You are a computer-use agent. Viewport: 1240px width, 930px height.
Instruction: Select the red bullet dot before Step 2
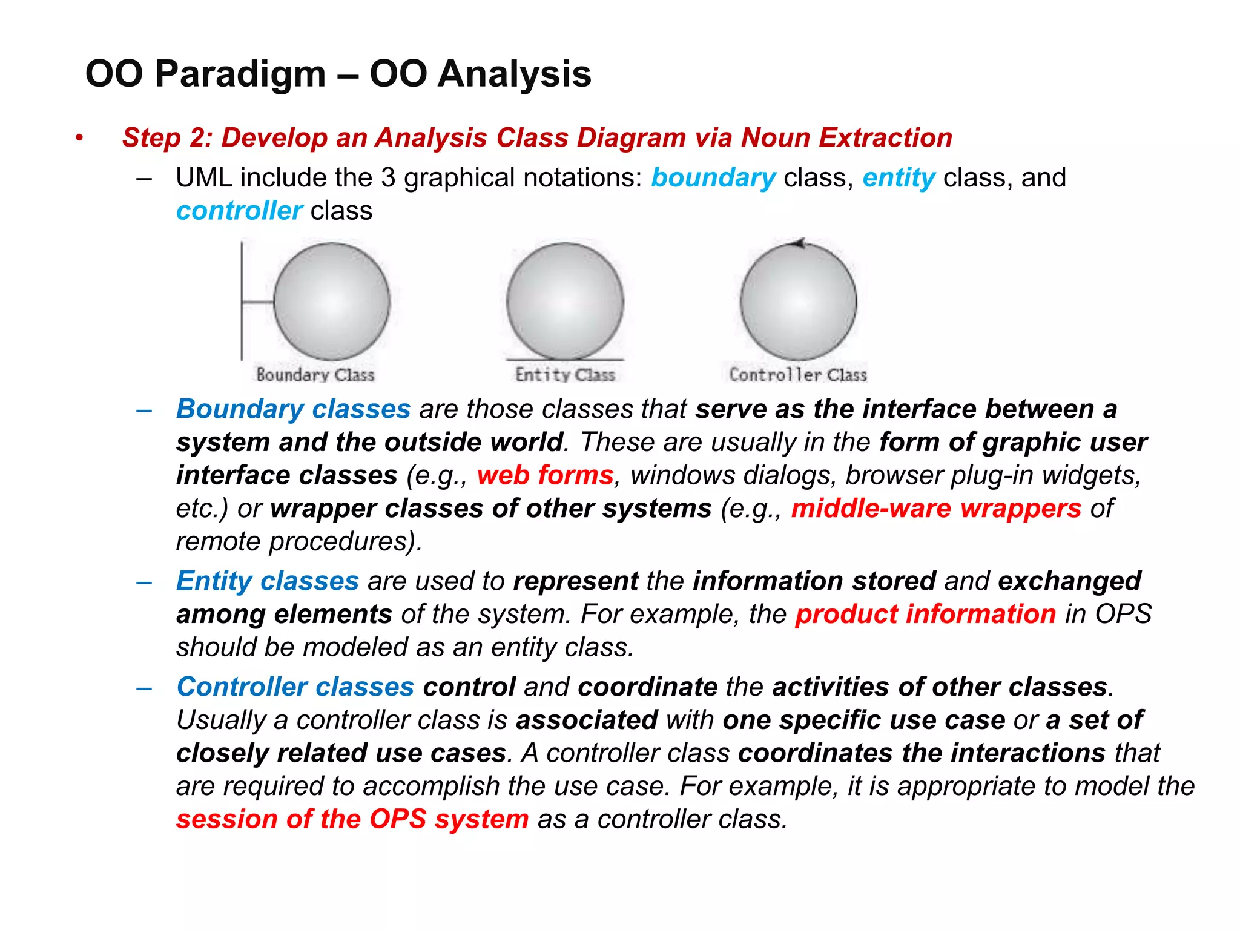(x=79, y=138)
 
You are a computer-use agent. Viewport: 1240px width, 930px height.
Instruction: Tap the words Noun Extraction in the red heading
(x=846, y=138)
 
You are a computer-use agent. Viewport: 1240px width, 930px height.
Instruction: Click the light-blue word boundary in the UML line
(x=713, y=178)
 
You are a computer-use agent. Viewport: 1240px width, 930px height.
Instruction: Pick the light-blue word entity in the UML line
(x=899, y=178)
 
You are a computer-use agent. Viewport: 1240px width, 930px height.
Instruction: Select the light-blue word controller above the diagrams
(x=239, y=211)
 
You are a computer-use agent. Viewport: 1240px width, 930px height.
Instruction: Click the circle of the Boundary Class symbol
(x=331, y=301)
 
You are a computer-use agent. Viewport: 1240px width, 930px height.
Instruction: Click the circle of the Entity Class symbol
(x=564, y=301)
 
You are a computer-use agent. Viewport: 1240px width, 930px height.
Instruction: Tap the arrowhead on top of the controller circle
(x=799, y=244)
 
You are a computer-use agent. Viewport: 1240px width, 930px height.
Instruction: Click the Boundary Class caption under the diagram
(x=315, y=375)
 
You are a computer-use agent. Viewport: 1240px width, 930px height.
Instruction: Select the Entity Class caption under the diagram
(x=565, y=375)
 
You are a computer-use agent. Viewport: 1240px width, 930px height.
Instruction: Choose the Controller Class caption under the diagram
(x=797, y=375)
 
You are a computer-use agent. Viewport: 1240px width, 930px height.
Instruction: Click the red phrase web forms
(x=545, y=475)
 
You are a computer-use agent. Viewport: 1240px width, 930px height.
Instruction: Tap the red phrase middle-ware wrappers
(x=935, y=509)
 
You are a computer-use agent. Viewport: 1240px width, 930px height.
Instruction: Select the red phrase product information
(x=925, y=615)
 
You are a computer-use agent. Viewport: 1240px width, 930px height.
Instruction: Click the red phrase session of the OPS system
(x=352, y=820)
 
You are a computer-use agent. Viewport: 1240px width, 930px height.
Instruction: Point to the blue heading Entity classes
(x=267, y=581)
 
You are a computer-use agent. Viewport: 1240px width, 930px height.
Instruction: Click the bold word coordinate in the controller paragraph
(x=647, y=687)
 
